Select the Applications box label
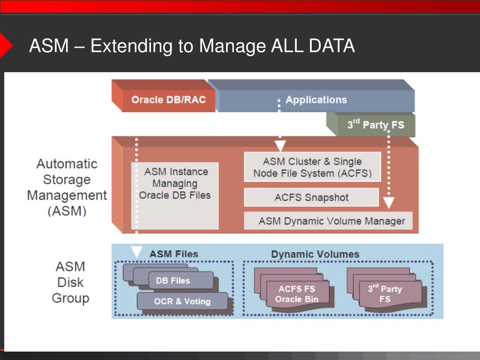point(316,100)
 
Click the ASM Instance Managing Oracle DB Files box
point(175,195)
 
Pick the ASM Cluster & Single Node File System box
point(312,167)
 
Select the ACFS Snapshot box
point(311,197)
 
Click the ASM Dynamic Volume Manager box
point(328,221)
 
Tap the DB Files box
point(181,280)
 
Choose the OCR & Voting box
point(182,301)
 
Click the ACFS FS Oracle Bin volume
point(297,294)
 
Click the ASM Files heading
point(174,254)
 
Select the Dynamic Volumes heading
point(315,254)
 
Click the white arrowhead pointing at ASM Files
point(136,251)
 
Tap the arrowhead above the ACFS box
point(280,145)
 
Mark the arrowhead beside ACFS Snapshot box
point(389,202)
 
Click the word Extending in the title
point(131,46)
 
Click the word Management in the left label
point(67,195)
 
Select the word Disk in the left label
point(70,282)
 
